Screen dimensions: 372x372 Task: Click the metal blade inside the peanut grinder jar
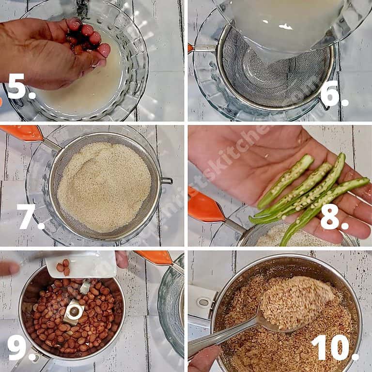74,310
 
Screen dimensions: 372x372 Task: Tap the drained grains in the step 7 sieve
104,186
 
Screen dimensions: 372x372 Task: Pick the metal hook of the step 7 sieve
166,181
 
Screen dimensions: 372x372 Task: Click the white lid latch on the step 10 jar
201,303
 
